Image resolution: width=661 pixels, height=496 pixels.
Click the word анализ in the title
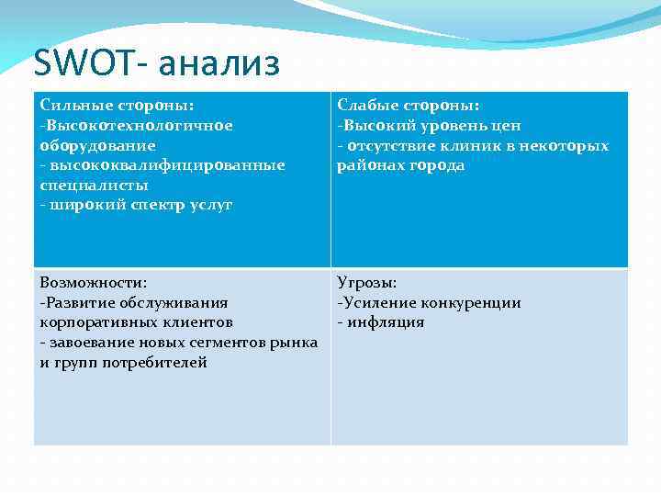pos(218,63)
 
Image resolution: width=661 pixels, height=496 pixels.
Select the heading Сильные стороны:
pos(116,106)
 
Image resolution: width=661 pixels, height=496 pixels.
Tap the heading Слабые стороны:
pos(409,106)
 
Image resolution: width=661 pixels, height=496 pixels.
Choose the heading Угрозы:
pos(367,283)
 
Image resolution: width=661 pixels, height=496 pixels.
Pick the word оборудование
pos(97,145)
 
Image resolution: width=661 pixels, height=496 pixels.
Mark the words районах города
pos(401,165)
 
